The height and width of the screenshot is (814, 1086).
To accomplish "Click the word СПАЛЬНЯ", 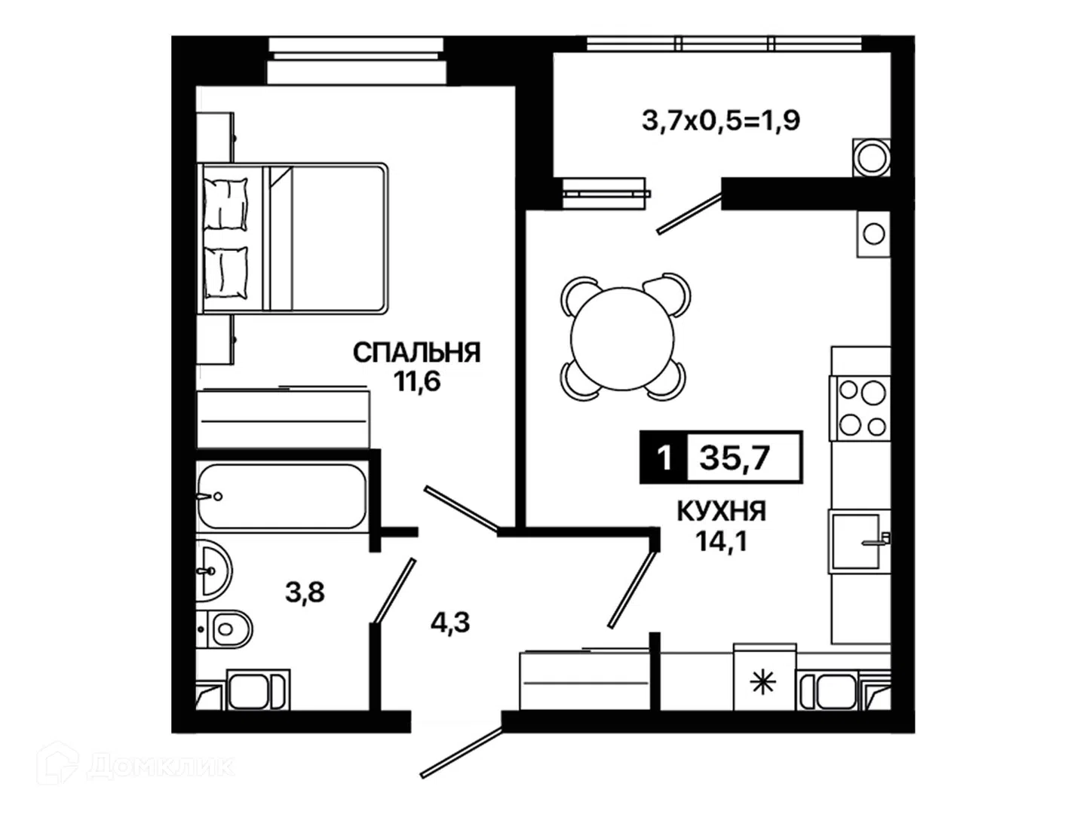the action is (416, 353).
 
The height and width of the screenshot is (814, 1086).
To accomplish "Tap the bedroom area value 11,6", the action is (416, 381).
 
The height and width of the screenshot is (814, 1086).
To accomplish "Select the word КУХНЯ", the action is (721, 512).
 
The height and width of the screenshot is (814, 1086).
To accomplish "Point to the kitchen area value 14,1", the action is (722, 540).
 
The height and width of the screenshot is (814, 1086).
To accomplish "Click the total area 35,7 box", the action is (744, 457).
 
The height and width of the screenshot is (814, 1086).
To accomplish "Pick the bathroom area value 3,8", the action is (305, 592).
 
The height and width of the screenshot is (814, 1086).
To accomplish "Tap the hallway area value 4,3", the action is (449, 623).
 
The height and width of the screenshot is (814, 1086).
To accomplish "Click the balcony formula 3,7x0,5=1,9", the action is (720, 120).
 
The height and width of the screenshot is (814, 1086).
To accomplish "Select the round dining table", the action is (622, 338).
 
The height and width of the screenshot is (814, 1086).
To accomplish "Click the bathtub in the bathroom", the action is (281, 496).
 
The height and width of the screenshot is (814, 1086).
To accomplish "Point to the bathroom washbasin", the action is (213, 571).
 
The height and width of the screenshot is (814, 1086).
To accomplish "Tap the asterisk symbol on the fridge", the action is (762, 684).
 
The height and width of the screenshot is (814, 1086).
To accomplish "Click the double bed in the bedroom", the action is (292, 238).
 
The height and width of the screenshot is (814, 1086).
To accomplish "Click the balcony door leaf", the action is (689, 213).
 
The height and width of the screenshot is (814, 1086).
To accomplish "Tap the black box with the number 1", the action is (664, 457).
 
